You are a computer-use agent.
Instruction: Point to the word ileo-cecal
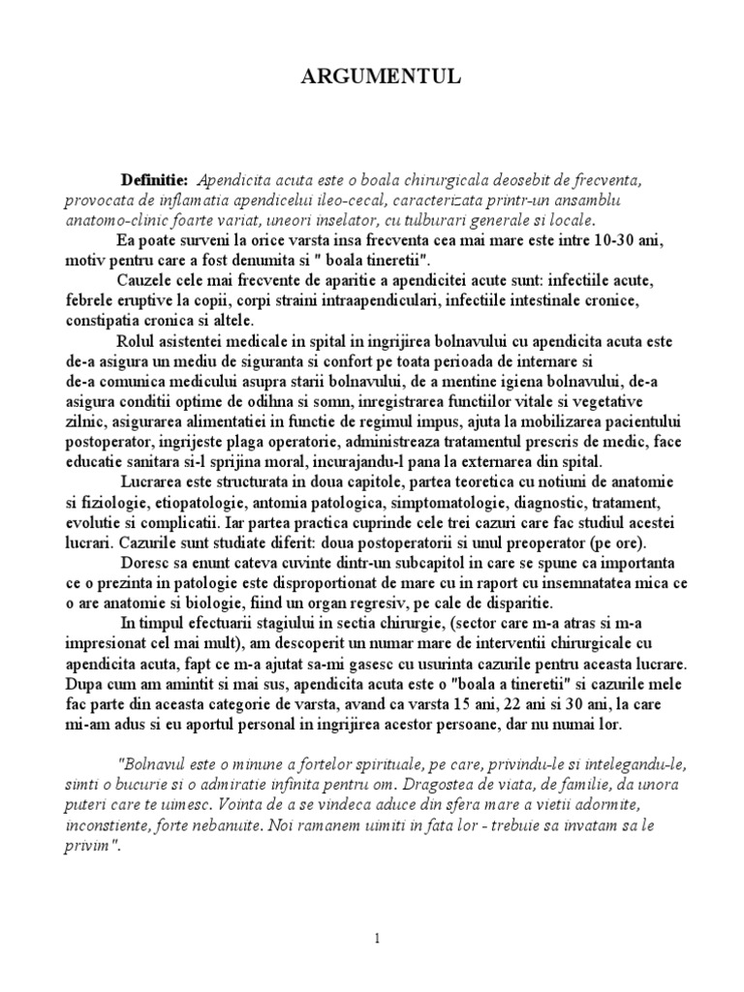click(x=380, y=201)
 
